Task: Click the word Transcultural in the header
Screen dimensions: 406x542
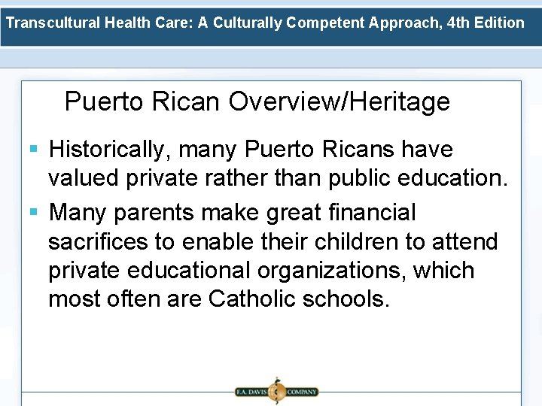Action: click(x=52, y=22)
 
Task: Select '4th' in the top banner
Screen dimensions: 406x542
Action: click(x=460, y=22)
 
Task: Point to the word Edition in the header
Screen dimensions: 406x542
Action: click(x=501, y=22)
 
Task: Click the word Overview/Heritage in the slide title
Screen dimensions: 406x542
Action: click(x=340, y=101)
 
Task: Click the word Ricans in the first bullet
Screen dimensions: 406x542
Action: click(x=357, y=150)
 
